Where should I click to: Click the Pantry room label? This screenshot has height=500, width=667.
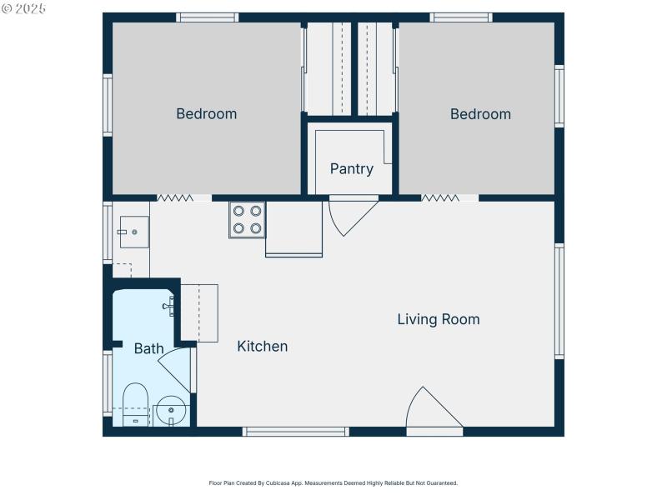[x=351, y=169]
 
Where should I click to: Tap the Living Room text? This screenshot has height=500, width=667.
[x=438, y=319]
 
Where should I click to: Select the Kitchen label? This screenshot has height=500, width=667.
[x=263, y=346]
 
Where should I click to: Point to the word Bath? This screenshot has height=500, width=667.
[x=148, y=348]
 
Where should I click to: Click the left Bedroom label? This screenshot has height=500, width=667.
[x=206, y=114]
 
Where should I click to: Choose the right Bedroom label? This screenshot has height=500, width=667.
[x=480, y=114]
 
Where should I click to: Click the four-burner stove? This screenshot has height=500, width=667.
[x=248, y=219]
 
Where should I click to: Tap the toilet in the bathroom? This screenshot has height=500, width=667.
[x=135, y=403]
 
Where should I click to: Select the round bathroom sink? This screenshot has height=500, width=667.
[x=171, y=409]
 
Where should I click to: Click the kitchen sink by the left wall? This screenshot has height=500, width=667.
[x=133, y=232]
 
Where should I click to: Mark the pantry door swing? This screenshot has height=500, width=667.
[x=351, y=214]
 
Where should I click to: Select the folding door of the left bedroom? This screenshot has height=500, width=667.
[x=176, y=198]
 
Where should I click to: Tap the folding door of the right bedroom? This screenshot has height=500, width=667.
[x=440, y=198]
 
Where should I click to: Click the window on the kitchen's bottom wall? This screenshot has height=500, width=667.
[x=295, y=432]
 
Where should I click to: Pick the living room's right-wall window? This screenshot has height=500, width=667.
[x=559, y=301]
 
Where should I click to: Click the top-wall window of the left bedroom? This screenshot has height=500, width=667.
[x=207, y=17]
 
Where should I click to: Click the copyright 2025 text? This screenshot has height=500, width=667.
[x=24, y=8]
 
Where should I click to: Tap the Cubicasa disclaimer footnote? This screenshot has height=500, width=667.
[x=333, y=482]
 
